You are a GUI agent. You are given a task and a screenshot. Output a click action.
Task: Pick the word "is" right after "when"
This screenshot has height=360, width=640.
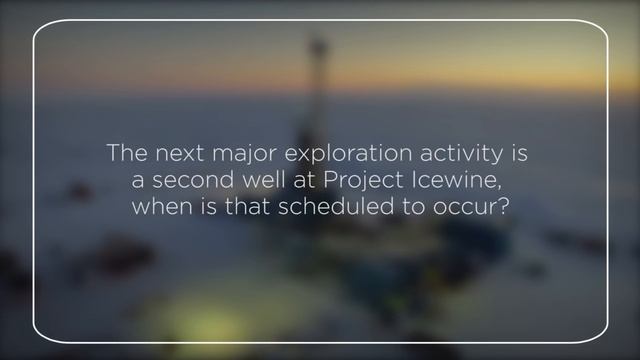[x=207, y=211]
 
